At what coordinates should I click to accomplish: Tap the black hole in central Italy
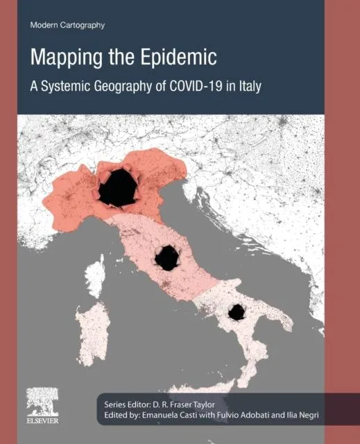click(167, 258)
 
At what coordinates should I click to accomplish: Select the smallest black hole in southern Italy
click(237, 312)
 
